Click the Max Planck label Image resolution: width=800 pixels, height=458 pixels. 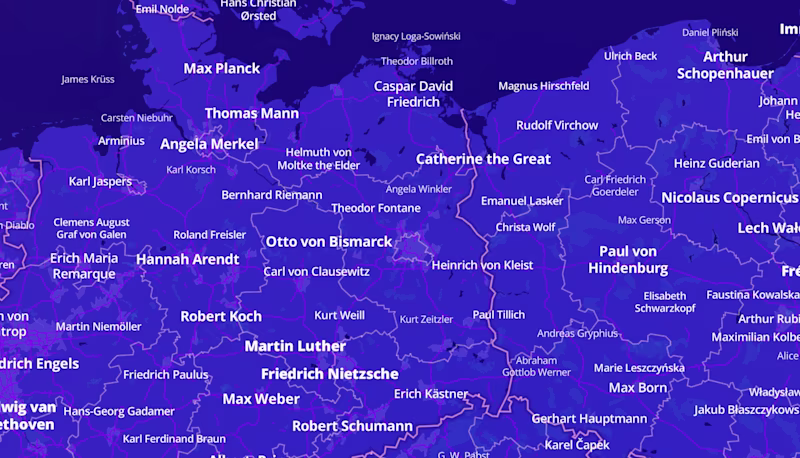coord(221,68)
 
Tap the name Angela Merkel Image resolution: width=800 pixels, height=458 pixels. coord(209,144)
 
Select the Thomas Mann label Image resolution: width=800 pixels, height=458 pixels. coord(252,113)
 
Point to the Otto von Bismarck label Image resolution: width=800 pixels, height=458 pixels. coord(329,241)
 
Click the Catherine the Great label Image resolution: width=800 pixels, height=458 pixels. coord(483,158)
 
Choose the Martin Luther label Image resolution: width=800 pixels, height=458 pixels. coord(295,346)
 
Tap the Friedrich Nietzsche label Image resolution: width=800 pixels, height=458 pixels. coord(329,373)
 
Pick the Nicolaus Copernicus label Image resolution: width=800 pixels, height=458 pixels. coord(729,197)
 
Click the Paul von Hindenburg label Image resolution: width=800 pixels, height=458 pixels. coord(628,260)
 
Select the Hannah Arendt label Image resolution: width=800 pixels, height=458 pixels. coord(187,259)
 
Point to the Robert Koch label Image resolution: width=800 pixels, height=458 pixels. coord(221,316)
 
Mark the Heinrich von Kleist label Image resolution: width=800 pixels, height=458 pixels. coord(482,265)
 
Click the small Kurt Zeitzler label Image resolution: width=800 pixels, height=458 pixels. coord(426,320)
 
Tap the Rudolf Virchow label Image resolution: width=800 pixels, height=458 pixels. coord(557,125)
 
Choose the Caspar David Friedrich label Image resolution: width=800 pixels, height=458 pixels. coord(413,94)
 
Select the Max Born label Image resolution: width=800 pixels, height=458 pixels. coord(637,387)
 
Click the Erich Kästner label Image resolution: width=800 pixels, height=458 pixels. coord(431,394)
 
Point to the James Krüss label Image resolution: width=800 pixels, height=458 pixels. coord(88,79)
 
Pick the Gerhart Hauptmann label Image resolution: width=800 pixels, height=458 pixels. coord(589,418)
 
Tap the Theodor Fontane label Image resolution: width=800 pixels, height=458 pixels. coord(376,208)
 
